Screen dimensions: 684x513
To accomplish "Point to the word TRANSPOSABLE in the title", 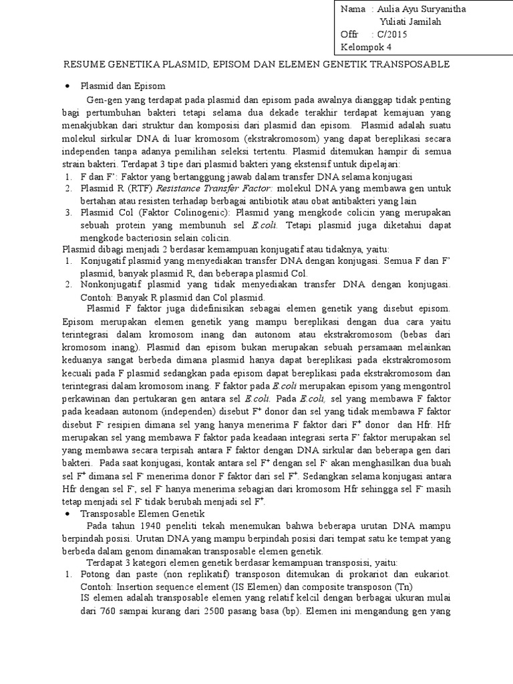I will pyautogui.click(x=413, y=64).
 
